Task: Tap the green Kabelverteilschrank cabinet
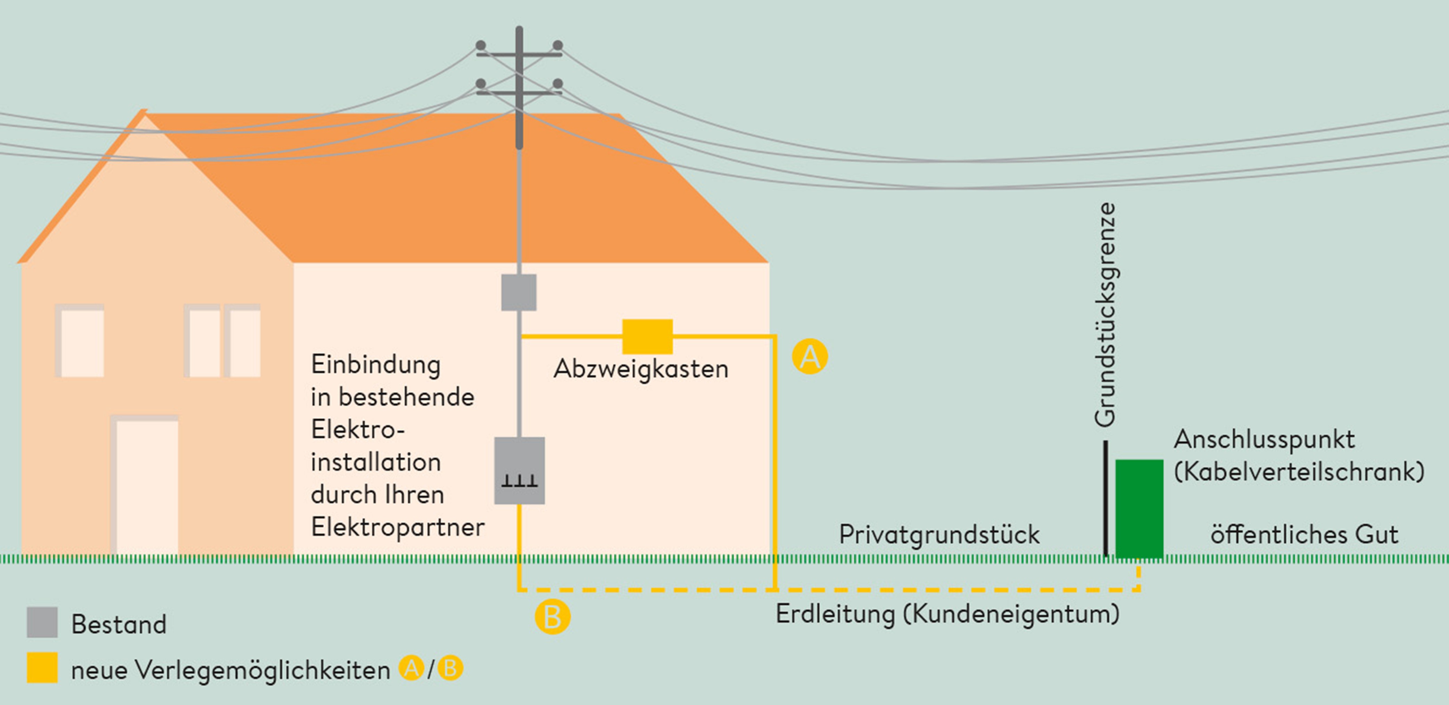(1139, 509)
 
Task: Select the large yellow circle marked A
(810, 356)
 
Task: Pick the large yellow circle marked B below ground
(552, 617)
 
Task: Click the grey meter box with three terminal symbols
(519, 471)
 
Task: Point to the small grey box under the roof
(519, 292)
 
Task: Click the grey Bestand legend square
(42, 622)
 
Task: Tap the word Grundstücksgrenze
(1105, 315)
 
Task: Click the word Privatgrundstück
(939, 534)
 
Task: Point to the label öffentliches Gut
(1304, 534)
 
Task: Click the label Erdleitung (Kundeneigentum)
(948, 614)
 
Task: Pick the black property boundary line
(1105, 497)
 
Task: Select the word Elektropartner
(398, 527)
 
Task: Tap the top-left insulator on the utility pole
(480, 45)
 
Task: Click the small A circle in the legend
(411, 669)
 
